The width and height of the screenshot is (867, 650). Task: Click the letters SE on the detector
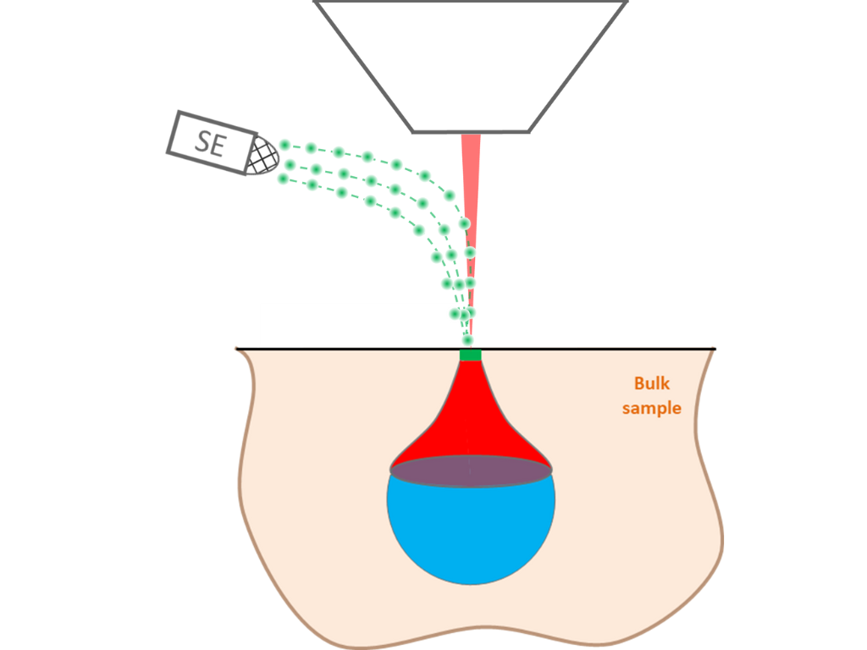click(210, 142)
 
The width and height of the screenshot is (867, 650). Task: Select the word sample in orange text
click(651, 408)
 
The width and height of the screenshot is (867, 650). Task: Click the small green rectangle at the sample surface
click(471, 355)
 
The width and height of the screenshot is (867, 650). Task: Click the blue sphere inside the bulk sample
click(471, 533)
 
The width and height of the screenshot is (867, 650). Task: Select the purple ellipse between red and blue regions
click(471, 470)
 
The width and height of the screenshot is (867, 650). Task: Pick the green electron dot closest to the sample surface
click(467, 339)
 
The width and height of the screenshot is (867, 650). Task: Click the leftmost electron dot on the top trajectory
click(285, 146)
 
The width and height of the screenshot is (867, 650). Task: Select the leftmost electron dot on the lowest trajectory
click(283, 178)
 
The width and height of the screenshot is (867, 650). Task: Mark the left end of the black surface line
click(237, 349)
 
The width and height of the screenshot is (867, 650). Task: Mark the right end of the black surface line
click(715, 349)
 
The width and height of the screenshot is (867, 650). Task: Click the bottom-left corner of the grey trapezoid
click(413, 131)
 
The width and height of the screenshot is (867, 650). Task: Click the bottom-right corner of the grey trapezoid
click(529, 131)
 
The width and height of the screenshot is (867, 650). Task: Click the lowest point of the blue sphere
click(471, 584)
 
